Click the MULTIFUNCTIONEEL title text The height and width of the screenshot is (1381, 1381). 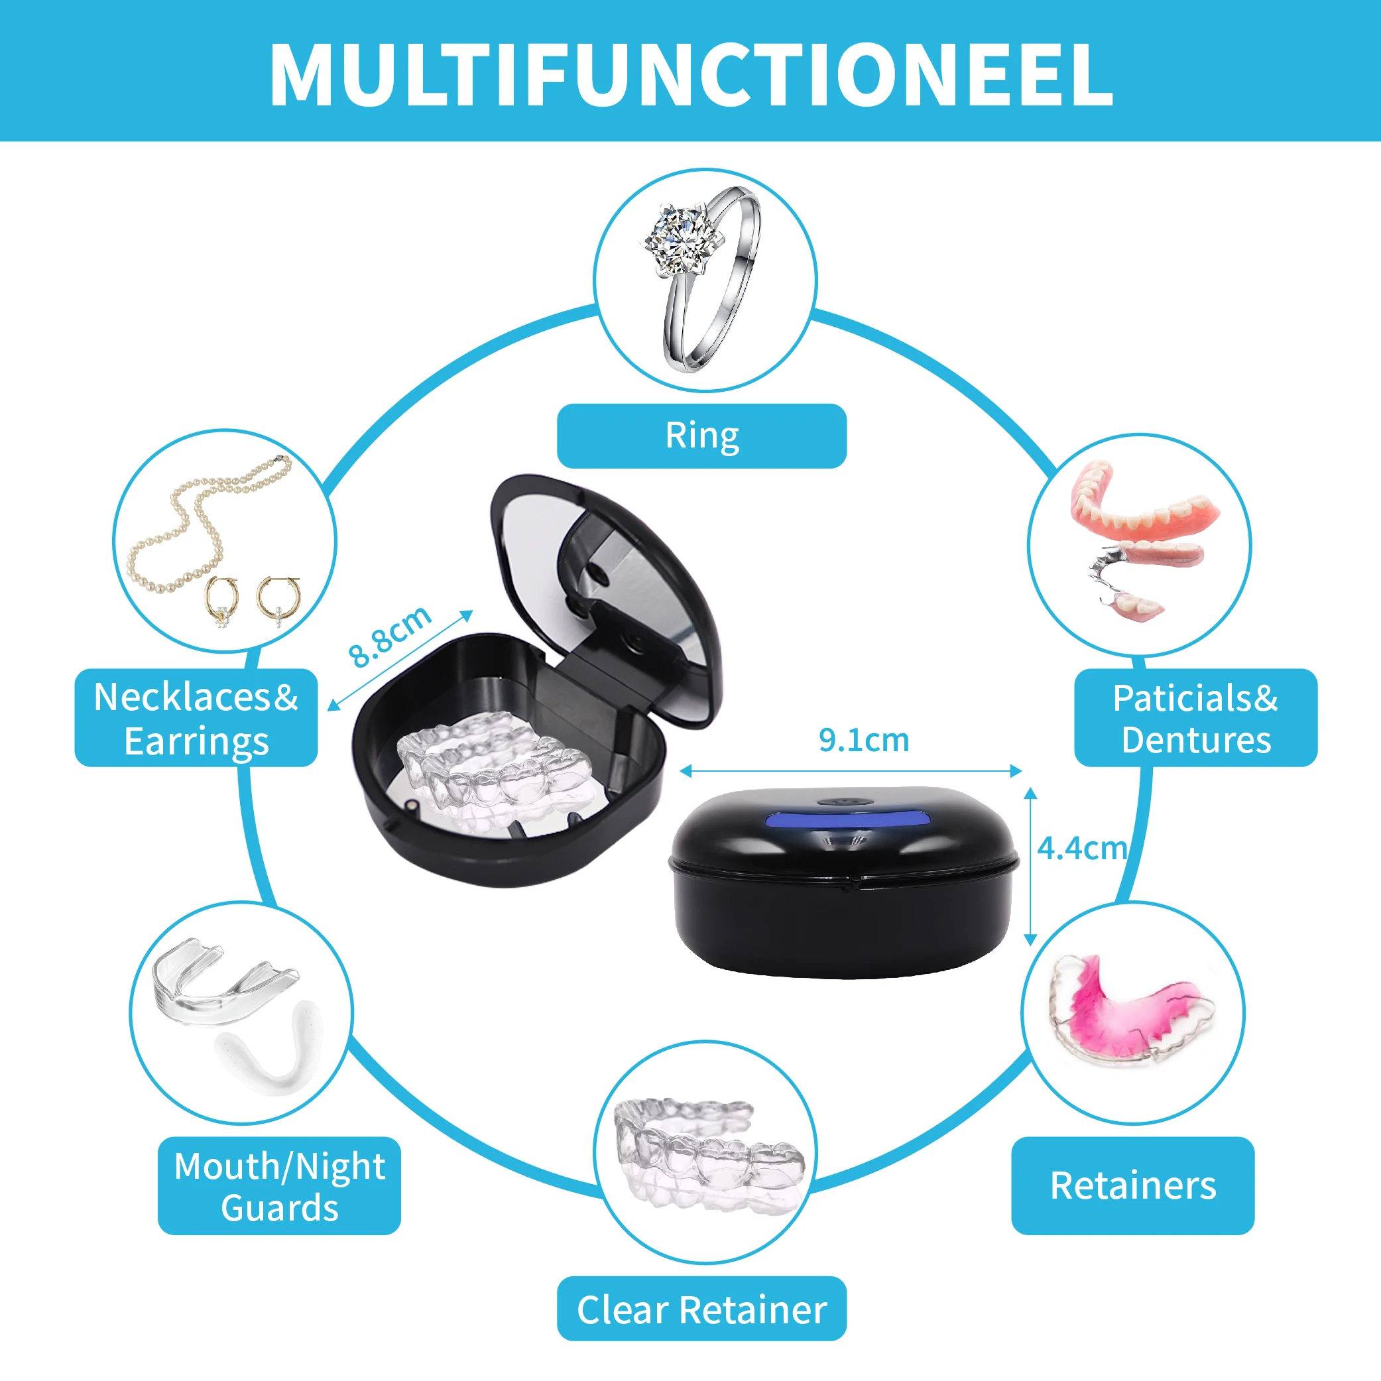click(x=691, y=74)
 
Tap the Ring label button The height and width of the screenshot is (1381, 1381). click(x=701, y=436)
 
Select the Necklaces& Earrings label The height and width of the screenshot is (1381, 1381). click(x=196, y=717)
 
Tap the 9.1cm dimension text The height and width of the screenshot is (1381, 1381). click(x=863, y=741)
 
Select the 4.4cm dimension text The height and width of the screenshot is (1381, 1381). click(x=1081, y=849)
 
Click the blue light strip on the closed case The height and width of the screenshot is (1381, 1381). click(x=849, y=817)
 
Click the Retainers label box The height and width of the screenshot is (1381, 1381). click(x=1132, y=1186)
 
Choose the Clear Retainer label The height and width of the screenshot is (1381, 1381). click(x=701, y=1310)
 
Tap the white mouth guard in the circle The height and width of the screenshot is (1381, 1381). click(x=272, y=1054)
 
